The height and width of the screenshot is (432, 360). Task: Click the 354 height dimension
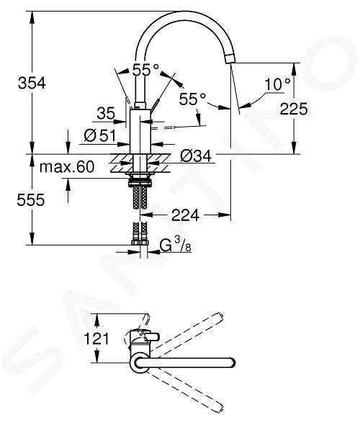click(32, 83)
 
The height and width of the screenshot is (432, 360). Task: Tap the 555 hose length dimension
click(30, 199)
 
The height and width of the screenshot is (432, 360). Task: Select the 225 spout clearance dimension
click(294, 109)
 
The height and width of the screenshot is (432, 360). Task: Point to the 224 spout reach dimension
click(185, 215)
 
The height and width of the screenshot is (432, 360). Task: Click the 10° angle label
click(278, 84)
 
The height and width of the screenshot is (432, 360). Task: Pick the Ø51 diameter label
click(100, 135)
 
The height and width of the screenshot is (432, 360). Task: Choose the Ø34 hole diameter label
click(196, 156)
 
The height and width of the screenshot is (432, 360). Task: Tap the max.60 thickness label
click(67, 167)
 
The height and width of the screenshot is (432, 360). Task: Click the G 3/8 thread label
click(176, 245)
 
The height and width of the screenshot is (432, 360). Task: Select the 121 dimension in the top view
click(96, 338)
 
